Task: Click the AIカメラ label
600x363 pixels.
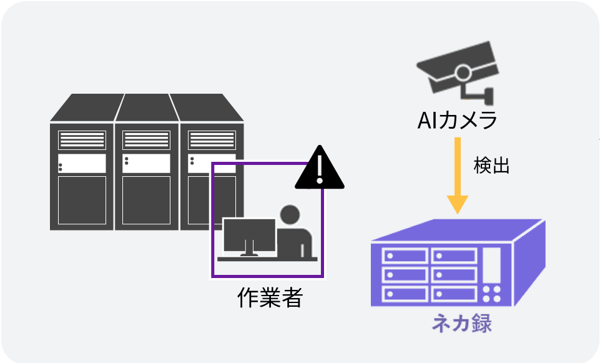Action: pyautogui.click(x=458, y=119)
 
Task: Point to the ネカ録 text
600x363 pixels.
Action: pyautogui.click(x=462, y=325)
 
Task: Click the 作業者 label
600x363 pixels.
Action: pyautogui.click(x=270, y=298)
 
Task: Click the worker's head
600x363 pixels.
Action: pyautogui.click(x=290, y=215)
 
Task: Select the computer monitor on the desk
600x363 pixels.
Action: pyautogui.click(x=249, y=235)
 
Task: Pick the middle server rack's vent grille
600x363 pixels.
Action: pyautogui.click(x=146, y=140)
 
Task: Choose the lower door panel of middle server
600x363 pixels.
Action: pyautogui.click(x=146, y=200)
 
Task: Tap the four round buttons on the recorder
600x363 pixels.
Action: pyautogui.click(x=492, y=294)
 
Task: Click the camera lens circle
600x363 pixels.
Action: pyautogui.click(x=462, y=72)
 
